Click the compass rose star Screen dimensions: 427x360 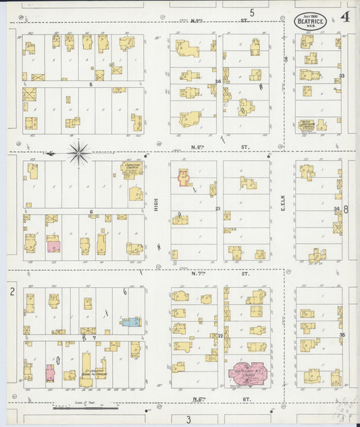(x=79, y=154)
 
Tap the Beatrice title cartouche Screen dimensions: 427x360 (x=310, y=20)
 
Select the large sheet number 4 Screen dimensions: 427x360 (x=345, y=16)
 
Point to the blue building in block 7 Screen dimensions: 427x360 (x=130, y=322)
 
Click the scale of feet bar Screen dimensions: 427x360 (x=86, y=407)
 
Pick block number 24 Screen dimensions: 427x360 (x=218, y=82)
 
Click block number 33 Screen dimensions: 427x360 (x=342, y=76)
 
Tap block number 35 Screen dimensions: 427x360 (x=342, y=335)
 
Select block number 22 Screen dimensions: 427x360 (x=220, y=335)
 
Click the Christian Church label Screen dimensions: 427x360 (x=132, y=166)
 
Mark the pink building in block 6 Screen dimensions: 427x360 (x=53, y=247)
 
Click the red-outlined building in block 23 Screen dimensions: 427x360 (x=183, y=177)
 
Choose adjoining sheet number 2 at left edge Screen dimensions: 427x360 (x=11, y=291)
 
